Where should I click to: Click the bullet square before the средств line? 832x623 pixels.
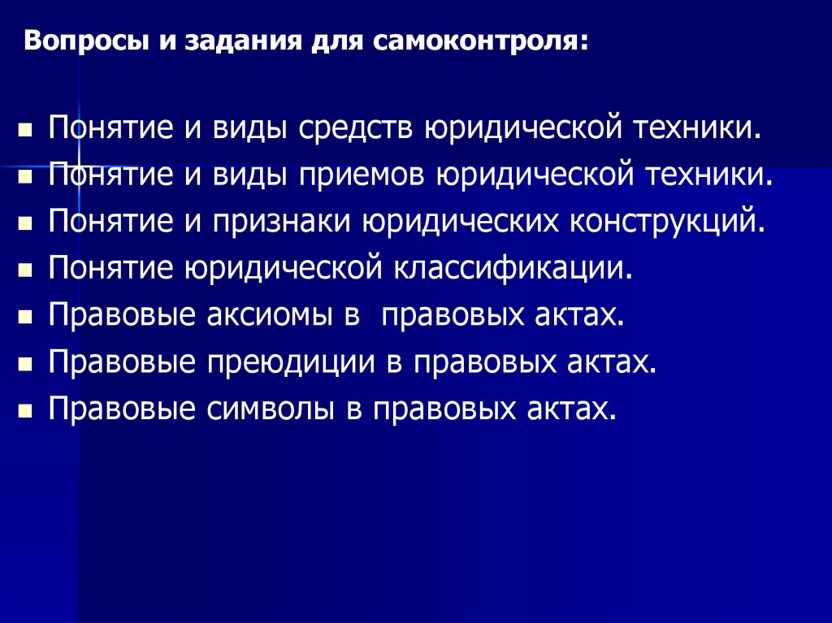pos(26,130)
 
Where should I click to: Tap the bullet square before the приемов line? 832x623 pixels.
pos(26,176)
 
